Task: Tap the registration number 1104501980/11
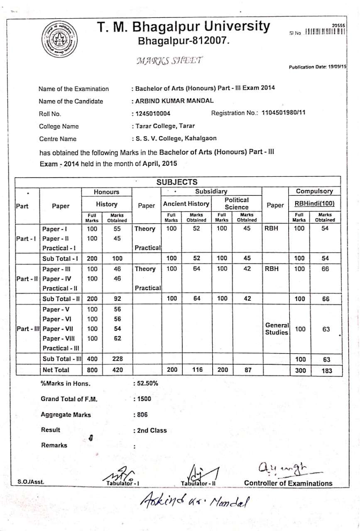[x=284, y=113]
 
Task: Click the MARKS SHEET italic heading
[x=169, y=61]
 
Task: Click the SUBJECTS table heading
[x=177, y=182]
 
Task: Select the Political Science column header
[x=236, y=203]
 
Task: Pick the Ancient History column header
[x=186, y=204]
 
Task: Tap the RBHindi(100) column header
[x=314, y=204]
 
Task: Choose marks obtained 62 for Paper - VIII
[x=118, y=339]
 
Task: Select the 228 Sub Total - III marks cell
[x=118, y=359]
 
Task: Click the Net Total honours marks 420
[x=118, y=370]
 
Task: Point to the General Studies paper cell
[x=277, y=329]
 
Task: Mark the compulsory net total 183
[x=327, y=370]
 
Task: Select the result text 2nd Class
[x=152, y=430]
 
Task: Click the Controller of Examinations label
[x=288, y=483]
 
